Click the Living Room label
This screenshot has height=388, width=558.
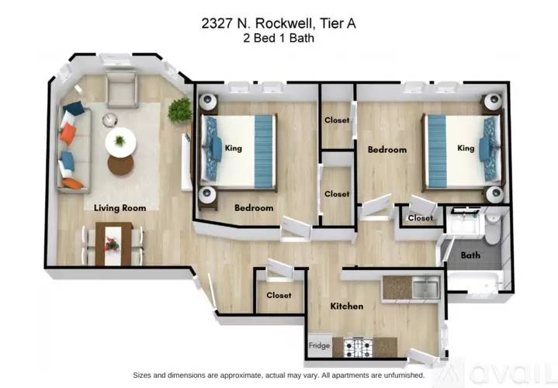click(x=120, y=208)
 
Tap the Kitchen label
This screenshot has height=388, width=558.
click(x=347, y=306)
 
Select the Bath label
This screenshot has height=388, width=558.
click(x=470, y=255)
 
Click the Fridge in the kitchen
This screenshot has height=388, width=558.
click(x=319, y=345)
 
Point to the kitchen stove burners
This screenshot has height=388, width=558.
click(x=358, y=348)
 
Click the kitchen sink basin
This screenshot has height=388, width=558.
click(x=426, y=287)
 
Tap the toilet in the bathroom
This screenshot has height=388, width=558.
click(x=494, y=228)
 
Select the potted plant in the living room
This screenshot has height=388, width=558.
click(x=180, y=110)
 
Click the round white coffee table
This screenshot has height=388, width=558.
click(x=120, y=141)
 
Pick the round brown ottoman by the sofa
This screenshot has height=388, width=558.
click(x=120, y=165)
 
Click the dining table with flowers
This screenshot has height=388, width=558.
click(x=114, y=244)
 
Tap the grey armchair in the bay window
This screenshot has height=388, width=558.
click(x=122, y=89)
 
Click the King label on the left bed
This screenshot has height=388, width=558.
click(x=234, y=147)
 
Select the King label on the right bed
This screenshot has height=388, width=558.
click(x=466, y=147)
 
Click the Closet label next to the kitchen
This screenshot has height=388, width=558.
click(x=279, y=295)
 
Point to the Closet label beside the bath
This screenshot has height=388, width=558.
click(x=421, y=218)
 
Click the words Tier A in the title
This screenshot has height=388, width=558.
click(x=338, y=23)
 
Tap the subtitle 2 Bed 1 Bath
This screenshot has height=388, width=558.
click(x=279, y=38)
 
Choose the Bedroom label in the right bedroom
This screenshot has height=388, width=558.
click(x=387, y=150)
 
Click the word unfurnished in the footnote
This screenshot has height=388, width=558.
click(x=405, y=375)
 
